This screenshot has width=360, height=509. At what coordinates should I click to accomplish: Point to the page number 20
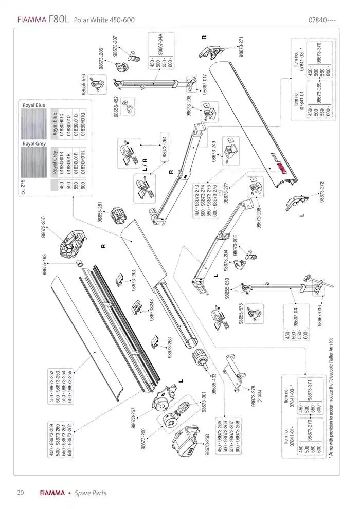tap(20, 493)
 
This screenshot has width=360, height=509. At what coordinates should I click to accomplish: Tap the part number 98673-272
tap(323, 191)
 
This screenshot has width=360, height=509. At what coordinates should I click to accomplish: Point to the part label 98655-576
tap(84, 84)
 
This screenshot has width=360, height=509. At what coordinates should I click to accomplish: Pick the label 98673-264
tap(164, 144)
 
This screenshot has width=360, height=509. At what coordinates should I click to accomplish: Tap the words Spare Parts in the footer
tap(91, 493)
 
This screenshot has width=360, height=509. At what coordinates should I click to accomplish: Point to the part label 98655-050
tap(226, 287)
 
